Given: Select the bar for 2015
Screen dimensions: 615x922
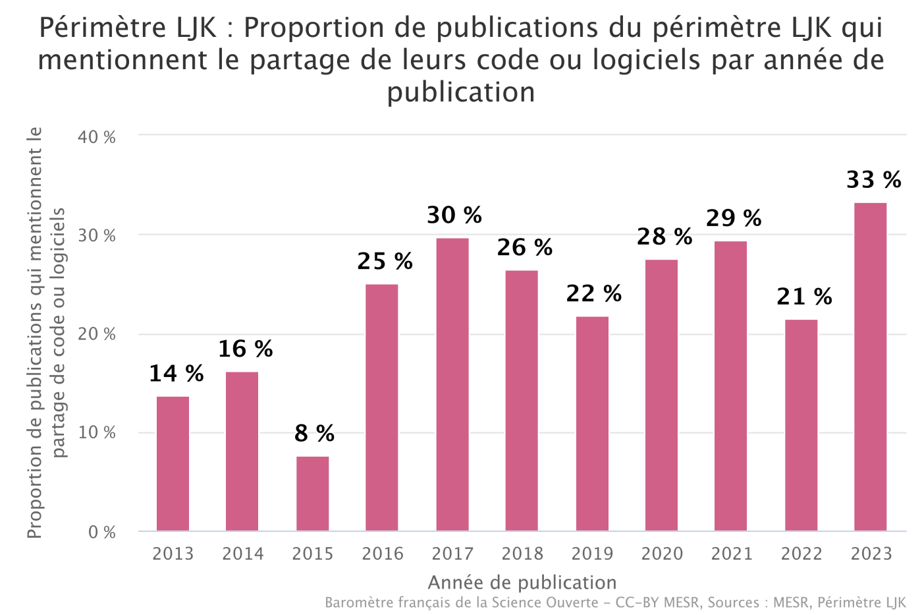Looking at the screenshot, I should [312, 494].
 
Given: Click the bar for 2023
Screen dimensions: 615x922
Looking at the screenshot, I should [870, 366].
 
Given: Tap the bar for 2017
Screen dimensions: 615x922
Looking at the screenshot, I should [452, 384].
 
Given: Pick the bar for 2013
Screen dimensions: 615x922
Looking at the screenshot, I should [173, 463].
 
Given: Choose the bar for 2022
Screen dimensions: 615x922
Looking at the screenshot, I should [801, 425].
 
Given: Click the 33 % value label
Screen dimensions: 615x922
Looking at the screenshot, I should [873, 179].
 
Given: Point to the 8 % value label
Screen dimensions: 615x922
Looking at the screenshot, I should [314, 433].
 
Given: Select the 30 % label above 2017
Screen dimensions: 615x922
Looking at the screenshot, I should [454, 215].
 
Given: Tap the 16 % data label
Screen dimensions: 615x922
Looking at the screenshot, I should [246, 349].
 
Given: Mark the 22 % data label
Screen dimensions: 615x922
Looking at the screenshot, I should [593, 293].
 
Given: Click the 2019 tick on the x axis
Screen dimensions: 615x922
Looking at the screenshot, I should [592, 554].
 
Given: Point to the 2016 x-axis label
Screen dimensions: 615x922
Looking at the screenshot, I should [383, 554].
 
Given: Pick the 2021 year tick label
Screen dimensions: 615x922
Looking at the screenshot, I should [732, 554].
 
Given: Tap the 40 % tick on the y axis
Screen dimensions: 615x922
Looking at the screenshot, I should [97, 137].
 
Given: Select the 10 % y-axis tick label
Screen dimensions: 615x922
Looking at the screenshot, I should [97, 433].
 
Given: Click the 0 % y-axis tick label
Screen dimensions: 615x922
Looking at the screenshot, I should [102, 532].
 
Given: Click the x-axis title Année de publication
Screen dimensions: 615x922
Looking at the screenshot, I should [522, 583].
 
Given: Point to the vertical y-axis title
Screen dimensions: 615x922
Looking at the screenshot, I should [46, 333].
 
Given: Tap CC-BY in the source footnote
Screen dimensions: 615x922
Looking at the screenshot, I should [637, 602].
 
